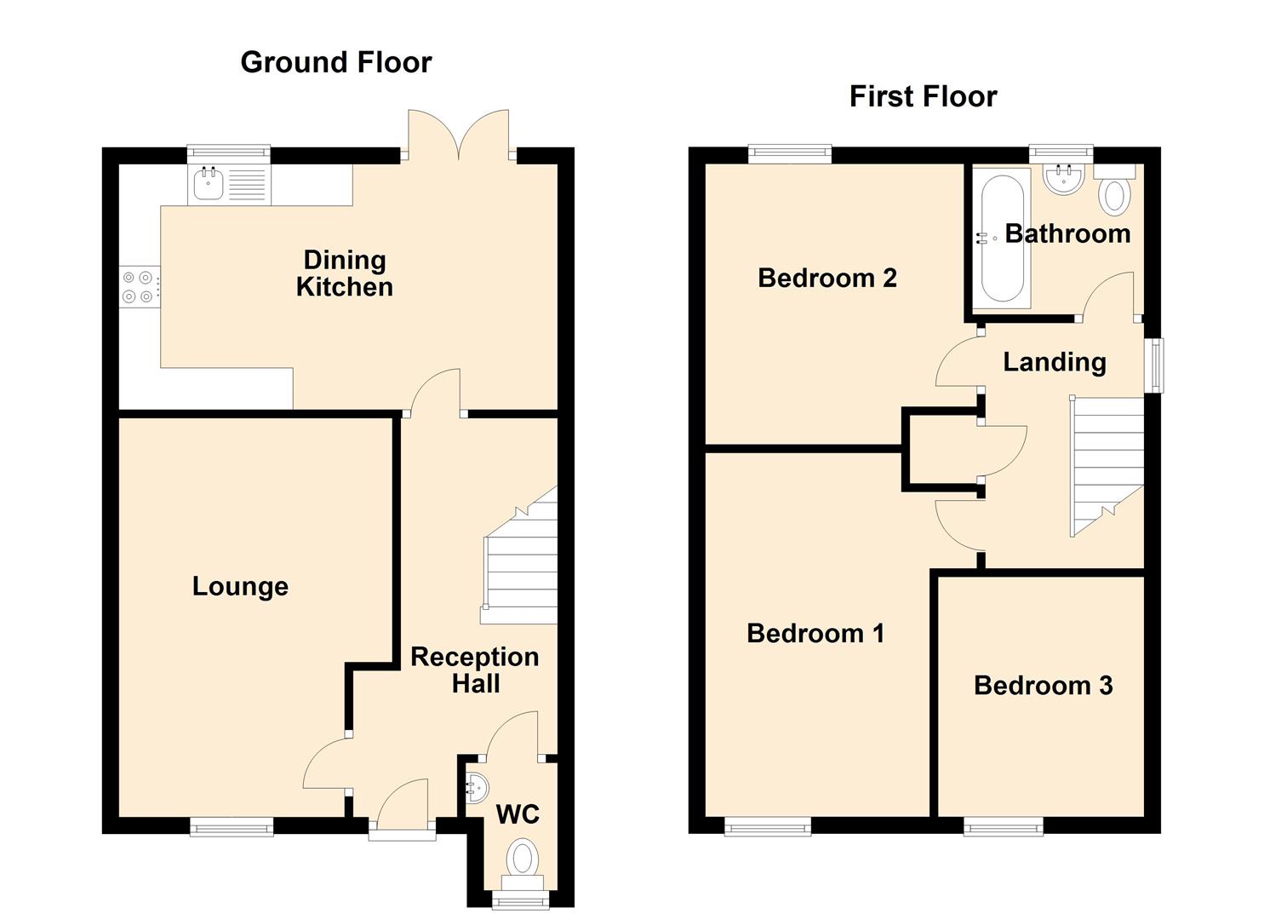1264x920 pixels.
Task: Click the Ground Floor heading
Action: [x=336, y=63]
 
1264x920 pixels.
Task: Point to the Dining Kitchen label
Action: [x=345, y=273]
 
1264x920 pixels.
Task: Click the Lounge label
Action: [x=240, y=587]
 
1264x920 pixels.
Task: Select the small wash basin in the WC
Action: [x=477, y=787]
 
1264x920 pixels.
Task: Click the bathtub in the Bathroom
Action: [x=1002, y=239]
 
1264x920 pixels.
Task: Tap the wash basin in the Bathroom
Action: [x=1063, y=179]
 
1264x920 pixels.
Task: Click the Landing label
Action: [x=1054, y=363]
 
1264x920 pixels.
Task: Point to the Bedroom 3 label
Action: [x=1044, y=686]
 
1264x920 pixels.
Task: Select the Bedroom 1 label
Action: [x=815, y=634]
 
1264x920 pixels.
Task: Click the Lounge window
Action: [x=232, y=826]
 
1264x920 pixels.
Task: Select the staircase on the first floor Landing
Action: [x=1107, y=467]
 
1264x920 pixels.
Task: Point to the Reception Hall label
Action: [x=475, y=670]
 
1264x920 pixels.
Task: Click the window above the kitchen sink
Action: [x=228, y=154]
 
